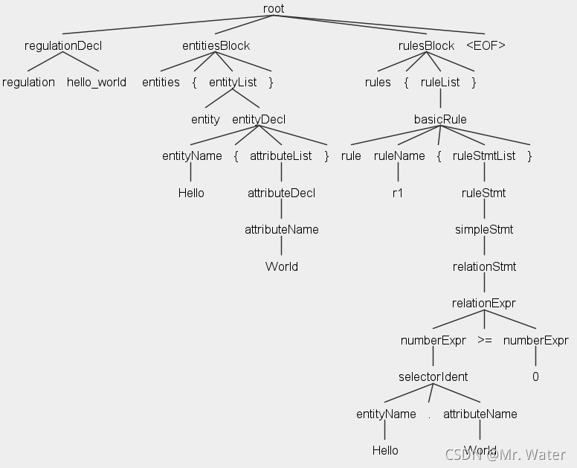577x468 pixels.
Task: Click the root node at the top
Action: click(x=274, y=9)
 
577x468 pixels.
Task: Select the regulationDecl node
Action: click(x=63, y=45)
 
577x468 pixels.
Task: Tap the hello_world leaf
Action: click(x=97, y=82)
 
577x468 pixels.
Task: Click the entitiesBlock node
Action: click(x=216, y=45)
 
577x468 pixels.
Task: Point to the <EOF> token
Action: click(x=486, y=45)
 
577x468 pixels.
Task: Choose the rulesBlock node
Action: click(x=426, y=45)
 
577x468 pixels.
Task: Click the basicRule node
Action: click(x=440, y=119)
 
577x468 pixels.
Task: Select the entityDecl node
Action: click(x=259, y=119)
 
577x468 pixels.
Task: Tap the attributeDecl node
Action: click(x=281, y=193)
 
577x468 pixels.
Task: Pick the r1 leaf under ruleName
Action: click(x=398, y=193)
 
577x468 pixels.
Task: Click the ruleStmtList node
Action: click(x=484, y=156)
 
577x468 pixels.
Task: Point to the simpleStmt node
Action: click(x=484, y=229)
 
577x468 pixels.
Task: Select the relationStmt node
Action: click(x=484, y=266)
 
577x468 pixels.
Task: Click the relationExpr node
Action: click(x=484, y=303)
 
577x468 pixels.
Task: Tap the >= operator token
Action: click(x=484, y=340)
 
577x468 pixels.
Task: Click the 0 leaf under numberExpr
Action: click(x=535, y=376)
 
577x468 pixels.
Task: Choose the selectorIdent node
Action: click(x=433, y=376)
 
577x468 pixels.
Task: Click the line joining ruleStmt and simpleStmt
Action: click(x=484, y=211)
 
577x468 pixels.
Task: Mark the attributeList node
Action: click(x=281, y=156)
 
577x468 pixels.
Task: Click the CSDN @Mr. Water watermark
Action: click(x=506, y=454)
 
